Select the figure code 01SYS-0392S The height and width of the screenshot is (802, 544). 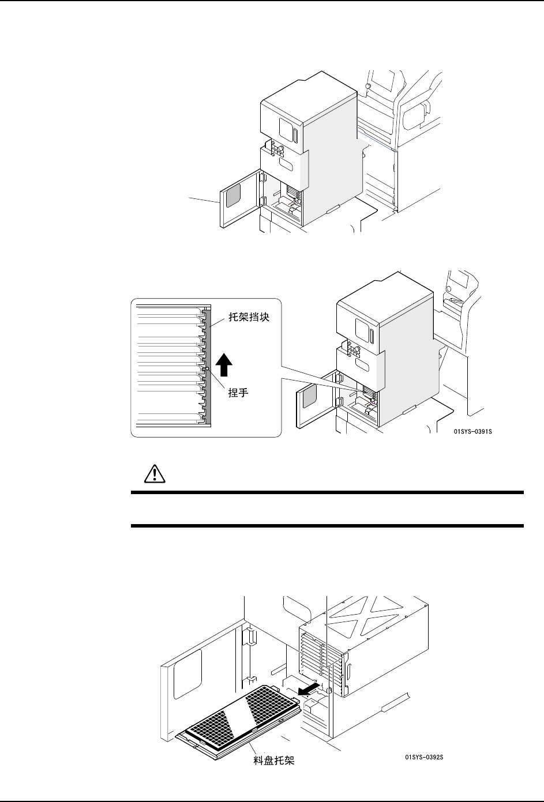click(x=423, y=757)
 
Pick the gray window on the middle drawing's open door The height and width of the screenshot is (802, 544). click(x=309, y=397)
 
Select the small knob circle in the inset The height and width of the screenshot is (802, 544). click(x=207, y=368)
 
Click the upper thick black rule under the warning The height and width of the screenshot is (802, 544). click(x=327, y=493)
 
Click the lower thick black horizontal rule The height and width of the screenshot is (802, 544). click(x=327, y=526)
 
